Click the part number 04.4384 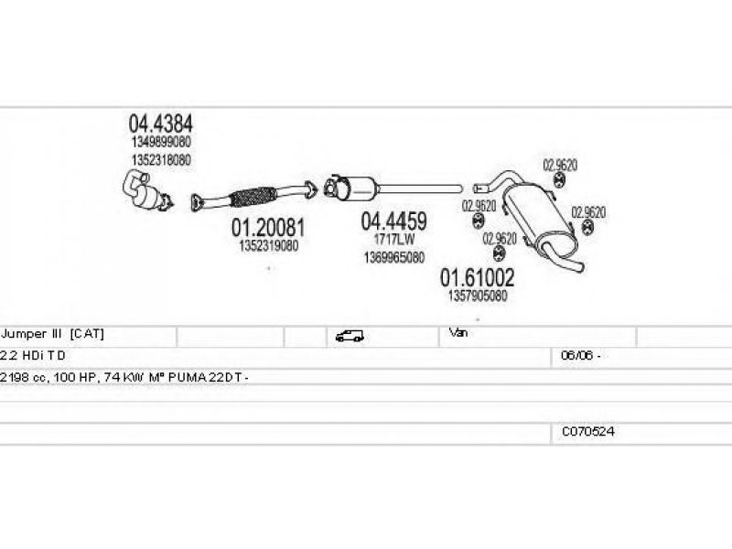pos(160,124)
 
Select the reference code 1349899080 pos(160,143)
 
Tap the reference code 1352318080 pos(160,159)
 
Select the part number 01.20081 pos(267,226)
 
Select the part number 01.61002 pos(477,276)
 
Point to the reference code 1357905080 pos(477,296)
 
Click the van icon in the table pos(349,336)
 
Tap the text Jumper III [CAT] pos(59,334)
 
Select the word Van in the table pos(457,333)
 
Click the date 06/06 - pos(580,355)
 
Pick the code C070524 pos(587,431)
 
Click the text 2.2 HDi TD pos(34,355)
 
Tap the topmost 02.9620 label pos(560,166)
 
